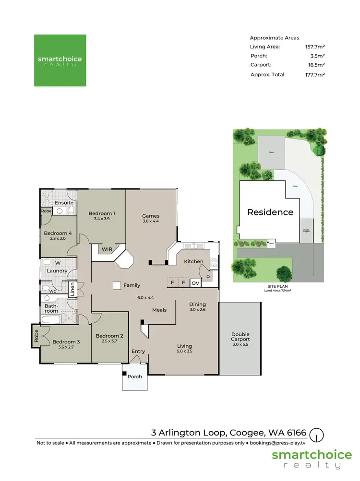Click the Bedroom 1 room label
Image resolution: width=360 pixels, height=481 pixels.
coord(101,213)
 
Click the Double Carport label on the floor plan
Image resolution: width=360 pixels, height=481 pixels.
coord(240,337)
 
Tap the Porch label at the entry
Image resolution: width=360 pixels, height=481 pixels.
coord(135,376)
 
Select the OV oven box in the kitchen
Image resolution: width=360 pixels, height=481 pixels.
coord(195,283)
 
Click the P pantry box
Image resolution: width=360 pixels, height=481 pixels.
coord(208,277)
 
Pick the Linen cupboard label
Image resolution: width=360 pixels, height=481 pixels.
coord(72,289)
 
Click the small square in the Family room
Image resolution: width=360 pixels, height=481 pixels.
coord(116,285)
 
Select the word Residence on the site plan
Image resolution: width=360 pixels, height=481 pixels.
coord(270,212)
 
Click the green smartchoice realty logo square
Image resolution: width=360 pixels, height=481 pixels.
coord(60,60)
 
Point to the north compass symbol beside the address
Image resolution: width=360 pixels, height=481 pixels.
coord(316,435)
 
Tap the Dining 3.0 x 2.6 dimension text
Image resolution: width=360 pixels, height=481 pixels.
coord(197,310)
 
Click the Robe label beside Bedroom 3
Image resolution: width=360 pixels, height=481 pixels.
coord(36,335)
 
